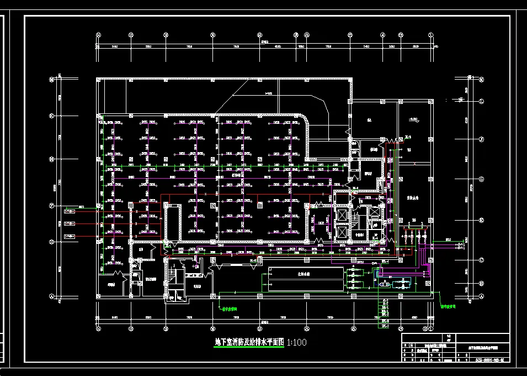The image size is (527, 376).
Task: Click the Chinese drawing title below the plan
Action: tap(249, 342)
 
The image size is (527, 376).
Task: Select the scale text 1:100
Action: tap(296, 342)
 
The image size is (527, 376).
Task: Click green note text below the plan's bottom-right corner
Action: tap(448, 305)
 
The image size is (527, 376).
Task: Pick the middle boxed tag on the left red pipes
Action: tap(70, 223)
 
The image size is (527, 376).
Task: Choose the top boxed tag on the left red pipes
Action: tap(70, 210)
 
